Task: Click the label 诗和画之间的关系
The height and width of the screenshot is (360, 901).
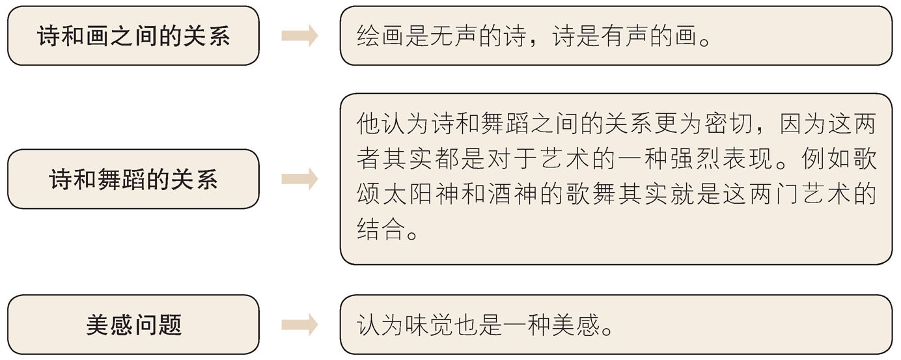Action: [133, 36]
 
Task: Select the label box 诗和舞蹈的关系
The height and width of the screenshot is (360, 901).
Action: [133, 179]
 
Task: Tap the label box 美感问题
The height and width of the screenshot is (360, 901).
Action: [133, 325]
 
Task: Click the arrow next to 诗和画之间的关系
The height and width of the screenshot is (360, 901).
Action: [299, 36]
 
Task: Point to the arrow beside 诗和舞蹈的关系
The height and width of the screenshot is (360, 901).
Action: [299, 179]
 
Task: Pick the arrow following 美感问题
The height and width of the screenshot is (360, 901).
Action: [299, 325]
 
